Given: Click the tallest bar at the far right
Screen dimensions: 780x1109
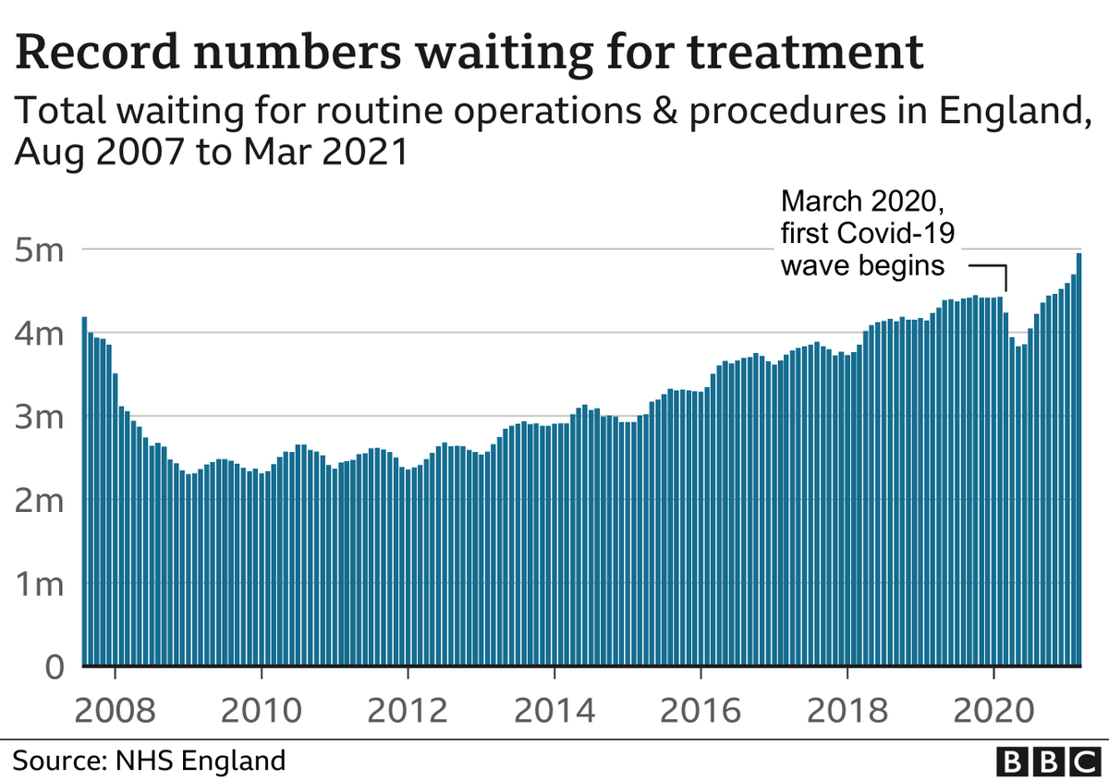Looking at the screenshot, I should pos(1078,462).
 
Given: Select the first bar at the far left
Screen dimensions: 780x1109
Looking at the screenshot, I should pos(85,490).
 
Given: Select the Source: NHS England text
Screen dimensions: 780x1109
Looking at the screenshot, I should pos(149,762).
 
